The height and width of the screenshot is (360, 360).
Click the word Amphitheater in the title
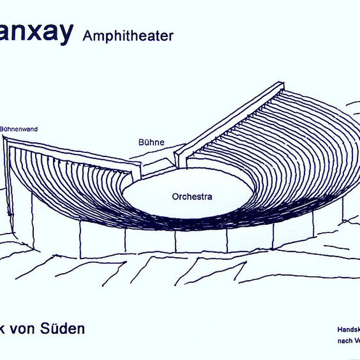click(x=128, y=35)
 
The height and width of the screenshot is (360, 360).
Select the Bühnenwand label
click(x=19, y=129)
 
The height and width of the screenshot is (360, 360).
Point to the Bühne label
click(x=151, y=142)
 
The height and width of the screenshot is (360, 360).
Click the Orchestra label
click(x=192, y=196)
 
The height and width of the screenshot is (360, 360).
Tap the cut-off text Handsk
click(x=348, y=329)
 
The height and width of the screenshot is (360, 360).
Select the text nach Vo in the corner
click(x=348, y=340)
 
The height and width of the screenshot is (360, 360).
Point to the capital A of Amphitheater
click(x=86, y=35)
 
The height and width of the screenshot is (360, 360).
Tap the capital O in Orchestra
click(x=175, y=196)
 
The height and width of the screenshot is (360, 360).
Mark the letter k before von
click(x=5, y=328)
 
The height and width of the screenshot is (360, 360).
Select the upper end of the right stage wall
click(x=280, y=87)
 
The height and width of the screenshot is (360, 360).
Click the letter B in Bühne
click(x=141, y=142)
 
